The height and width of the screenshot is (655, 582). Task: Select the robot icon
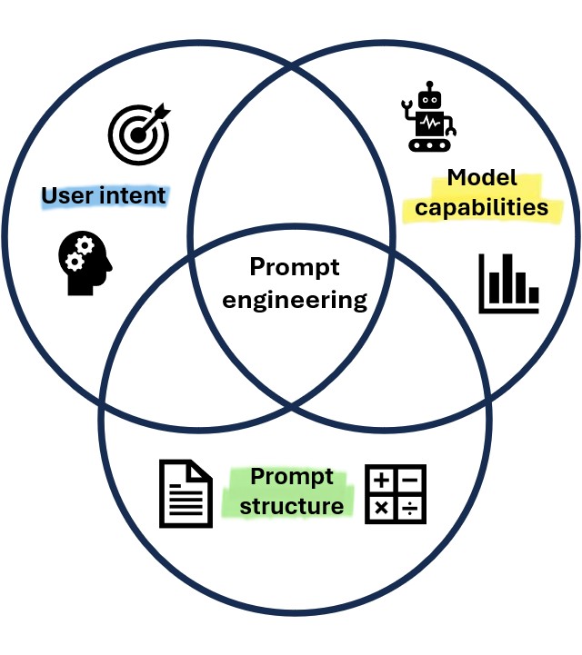pyautogui.click(x=427, y=119)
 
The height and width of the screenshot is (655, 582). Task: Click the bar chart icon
pyautogui.click(x=509, y=283)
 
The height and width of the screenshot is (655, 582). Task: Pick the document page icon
pyautogui.click(x=186, y=493)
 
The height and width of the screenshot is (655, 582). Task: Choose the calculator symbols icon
pyautogui.click(x=396, y=494)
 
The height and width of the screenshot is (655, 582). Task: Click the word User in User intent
pyautogui.click(x=67, y=195)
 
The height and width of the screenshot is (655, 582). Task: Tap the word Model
pyautogui.click(x=482, y=178)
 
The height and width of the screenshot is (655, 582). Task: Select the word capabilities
pyautogui.click(x=482, y=207)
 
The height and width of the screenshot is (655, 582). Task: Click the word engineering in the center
pyautogui.click(x=295, y=300)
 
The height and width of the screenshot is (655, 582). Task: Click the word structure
pyautogui.click(x=292, y=506)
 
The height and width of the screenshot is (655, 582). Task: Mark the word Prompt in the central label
pyautogui.click(x=295, y=268)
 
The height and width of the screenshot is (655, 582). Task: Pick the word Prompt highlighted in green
pyautogui.click(x=292, y=477)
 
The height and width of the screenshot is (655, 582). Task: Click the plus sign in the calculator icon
pyautogui.click(x=382, y=481)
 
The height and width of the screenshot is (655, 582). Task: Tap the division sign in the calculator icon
pyautogui.click(x=410, y=509)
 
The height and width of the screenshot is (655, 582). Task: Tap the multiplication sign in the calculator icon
pyautogui.click(x=382, y=509)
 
